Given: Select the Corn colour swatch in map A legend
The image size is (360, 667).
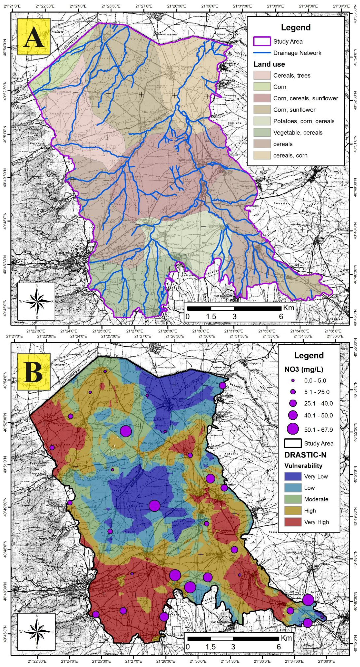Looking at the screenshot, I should pyautogui.click(x=262, y=87).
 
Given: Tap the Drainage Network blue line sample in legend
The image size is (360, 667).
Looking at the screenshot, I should pyautogui.click(x=262, y=53).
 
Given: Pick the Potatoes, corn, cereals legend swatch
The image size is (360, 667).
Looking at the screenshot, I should pyautogui.click(x=262, y=121).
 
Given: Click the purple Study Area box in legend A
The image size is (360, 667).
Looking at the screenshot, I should pyautogui.click(x=262, y=41).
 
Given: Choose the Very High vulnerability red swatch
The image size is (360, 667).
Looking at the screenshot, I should pyautogui.click(x=293, y=522).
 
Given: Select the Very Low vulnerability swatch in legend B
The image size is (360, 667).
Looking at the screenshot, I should pyautogui.click(x=293, y=476).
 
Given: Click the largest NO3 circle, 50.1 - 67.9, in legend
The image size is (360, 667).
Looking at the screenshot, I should pyautogui.click(x=293, y=430).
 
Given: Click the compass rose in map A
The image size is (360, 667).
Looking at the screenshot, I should pyautogui.click(x=37, y=301).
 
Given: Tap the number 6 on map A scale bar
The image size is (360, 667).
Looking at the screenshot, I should pyautogui.click(x=281, y=316).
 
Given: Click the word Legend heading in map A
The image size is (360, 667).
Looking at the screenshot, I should pyautogui.click(x=296, y=27).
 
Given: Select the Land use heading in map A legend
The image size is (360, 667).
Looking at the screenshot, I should pyautogui.click(x=269, y=64).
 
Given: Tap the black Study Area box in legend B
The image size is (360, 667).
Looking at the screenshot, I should pyautogui.click(x=293, y=443).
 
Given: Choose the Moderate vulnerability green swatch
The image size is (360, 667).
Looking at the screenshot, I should pyautogui.click(x=293, y=499).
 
